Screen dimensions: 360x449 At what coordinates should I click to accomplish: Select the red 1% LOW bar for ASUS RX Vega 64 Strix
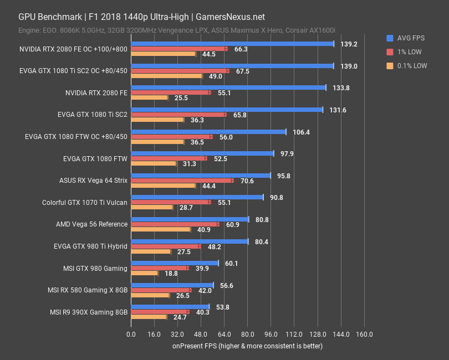(x=181, y=181)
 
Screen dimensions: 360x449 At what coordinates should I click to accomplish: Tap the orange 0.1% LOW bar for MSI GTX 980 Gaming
(x=144, y=273)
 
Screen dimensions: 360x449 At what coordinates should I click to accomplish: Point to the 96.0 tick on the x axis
(x=271, y=335)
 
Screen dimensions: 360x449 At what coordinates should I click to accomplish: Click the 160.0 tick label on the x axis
(x=364, y=335)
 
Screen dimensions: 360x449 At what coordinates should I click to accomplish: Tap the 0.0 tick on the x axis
(x=131, y=335)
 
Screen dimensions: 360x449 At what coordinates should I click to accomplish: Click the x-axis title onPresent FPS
(x=247, y=346)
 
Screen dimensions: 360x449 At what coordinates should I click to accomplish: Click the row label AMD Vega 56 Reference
(x=91, y=224)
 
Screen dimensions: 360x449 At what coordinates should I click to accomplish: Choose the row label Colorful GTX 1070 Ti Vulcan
(x=84, y=203)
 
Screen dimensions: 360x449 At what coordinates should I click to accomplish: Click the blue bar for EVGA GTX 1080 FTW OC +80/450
(x=208, y=132)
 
